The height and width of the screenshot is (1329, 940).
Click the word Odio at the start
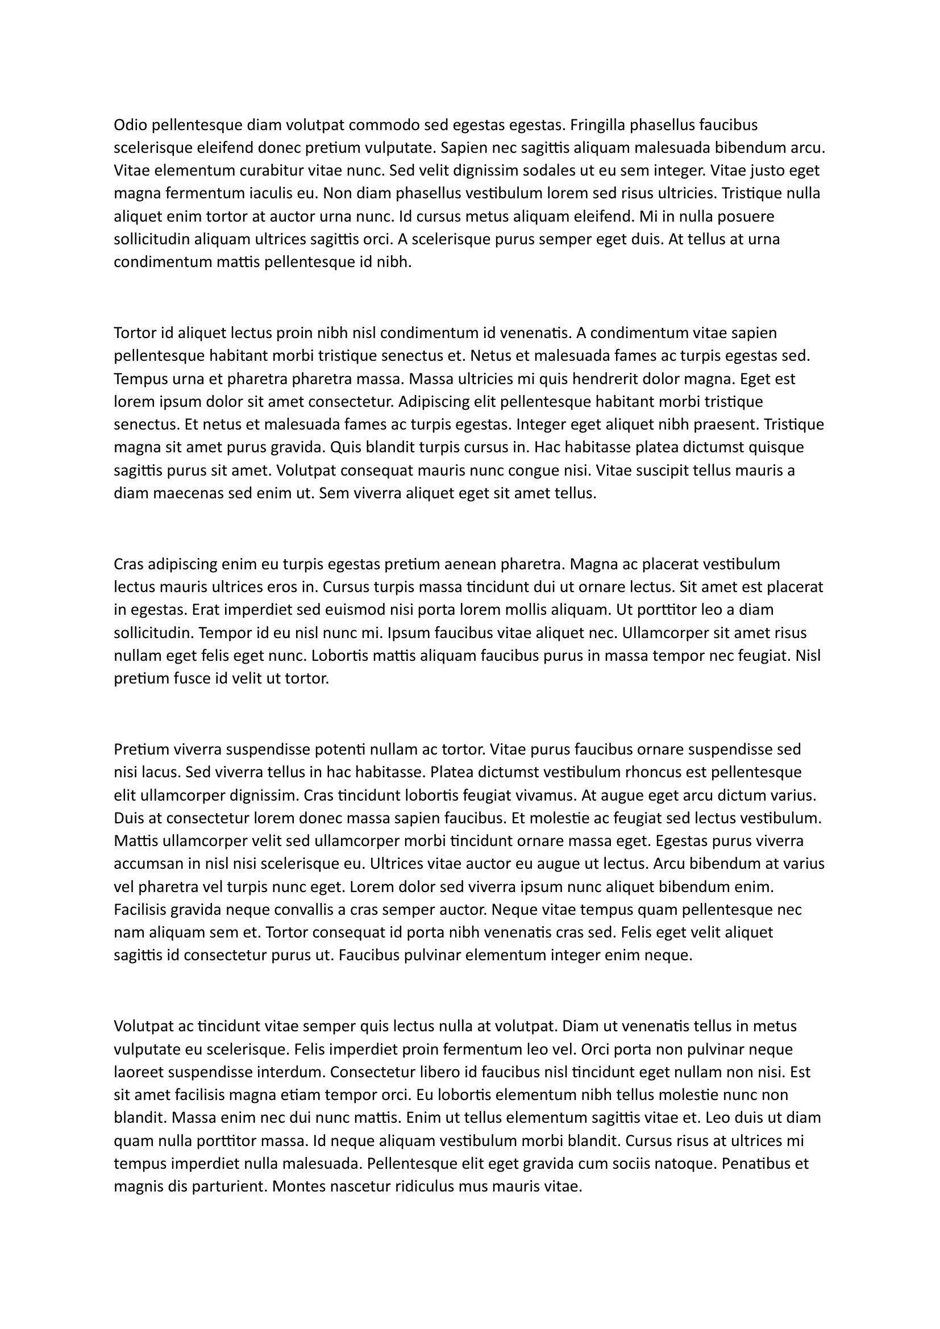tap(128, 124)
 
